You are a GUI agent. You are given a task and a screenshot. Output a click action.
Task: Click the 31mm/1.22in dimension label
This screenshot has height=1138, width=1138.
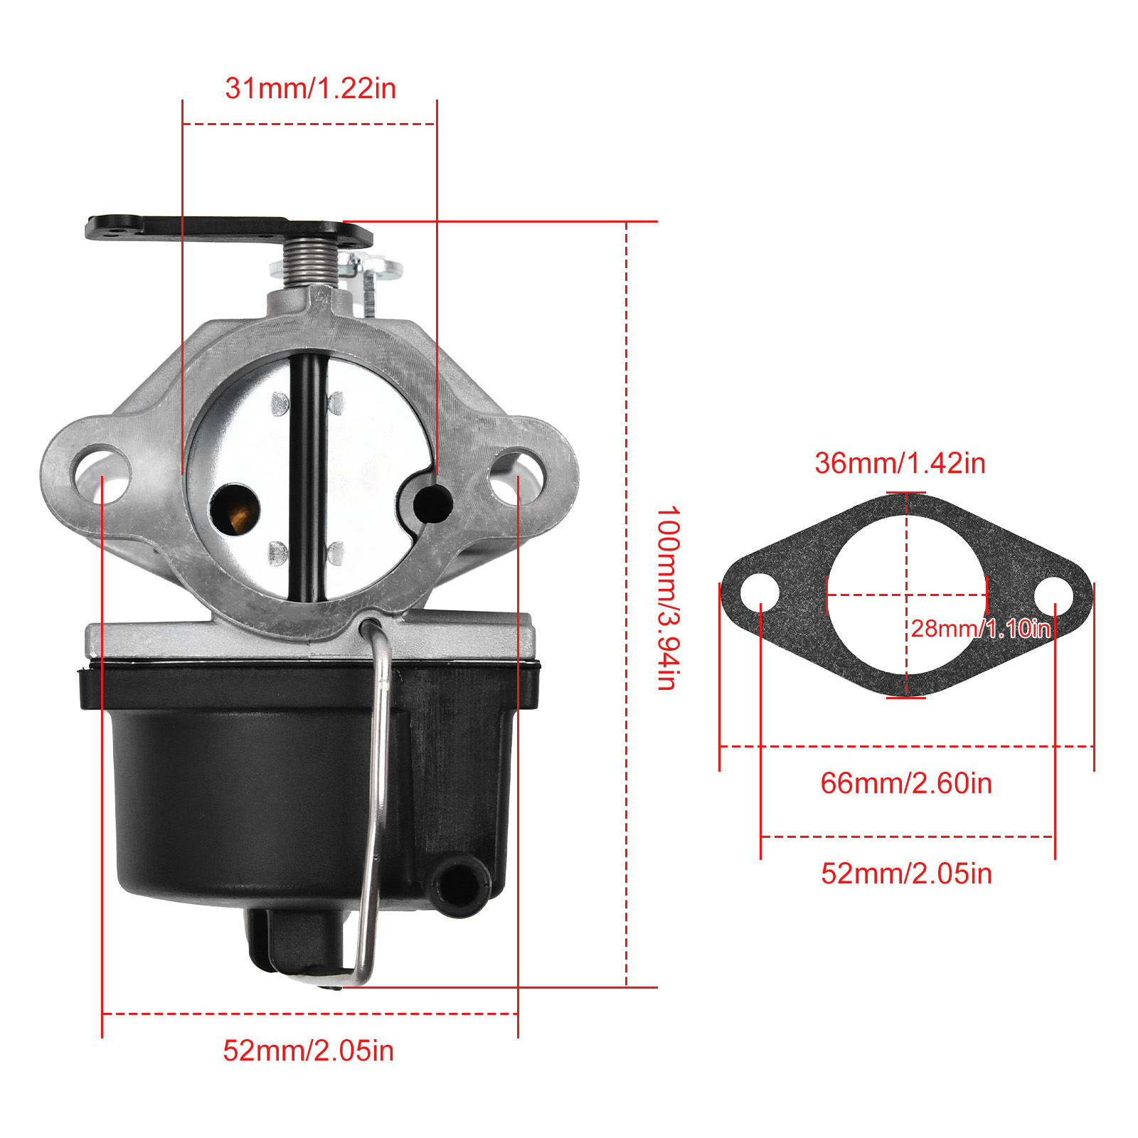310,88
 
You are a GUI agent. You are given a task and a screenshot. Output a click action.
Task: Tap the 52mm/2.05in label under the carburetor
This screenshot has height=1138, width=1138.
308,1051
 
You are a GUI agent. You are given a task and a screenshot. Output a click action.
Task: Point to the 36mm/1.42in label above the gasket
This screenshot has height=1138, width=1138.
900,463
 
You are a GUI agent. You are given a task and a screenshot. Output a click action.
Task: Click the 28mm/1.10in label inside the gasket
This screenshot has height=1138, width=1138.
981,628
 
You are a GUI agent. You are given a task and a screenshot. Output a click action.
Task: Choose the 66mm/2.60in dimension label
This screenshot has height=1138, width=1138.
906,783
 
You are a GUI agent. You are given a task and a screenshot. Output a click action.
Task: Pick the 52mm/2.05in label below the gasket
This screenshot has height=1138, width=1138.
906,873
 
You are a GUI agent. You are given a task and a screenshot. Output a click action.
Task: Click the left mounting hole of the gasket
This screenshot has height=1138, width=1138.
760,592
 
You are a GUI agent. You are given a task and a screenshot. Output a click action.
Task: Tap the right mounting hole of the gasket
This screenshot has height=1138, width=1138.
1054,595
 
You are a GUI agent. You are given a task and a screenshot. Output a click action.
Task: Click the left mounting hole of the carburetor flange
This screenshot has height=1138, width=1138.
101,474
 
